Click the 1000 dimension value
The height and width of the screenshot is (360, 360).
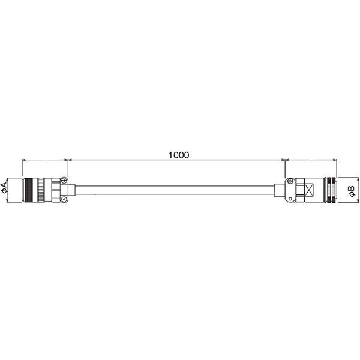tap(178, 154)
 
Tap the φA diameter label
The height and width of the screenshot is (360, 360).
tap(5, 190)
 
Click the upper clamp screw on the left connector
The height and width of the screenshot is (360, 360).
tap(64, 180)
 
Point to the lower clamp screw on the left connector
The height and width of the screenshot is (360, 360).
tap(64, 200)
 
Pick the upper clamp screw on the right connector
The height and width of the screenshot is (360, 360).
tap(291, 181)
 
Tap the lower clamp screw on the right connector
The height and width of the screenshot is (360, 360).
tap(291, 200)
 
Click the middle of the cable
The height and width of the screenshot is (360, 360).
tap(177, 190)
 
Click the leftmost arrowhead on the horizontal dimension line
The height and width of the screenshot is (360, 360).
tap(24, 160)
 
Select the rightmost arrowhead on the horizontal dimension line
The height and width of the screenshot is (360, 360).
tap(332, 160)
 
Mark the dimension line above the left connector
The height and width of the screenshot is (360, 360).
tap(45, 160)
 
